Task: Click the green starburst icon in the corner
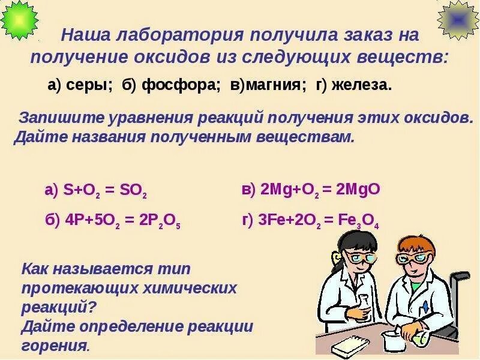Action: pyautogui.click(x=19, y=20)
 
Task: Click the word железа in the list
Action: pyautogui.click(x=360, y=86)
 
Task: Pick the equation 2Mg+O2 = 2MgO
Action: pyautogui.click(x=319, y=190)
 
